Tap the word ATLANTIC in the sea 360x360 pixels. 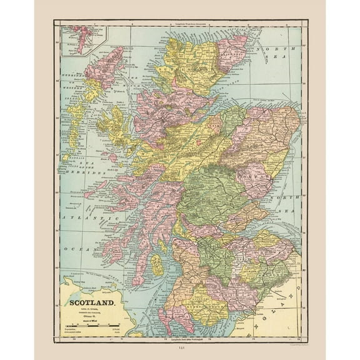coord(88,218)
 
